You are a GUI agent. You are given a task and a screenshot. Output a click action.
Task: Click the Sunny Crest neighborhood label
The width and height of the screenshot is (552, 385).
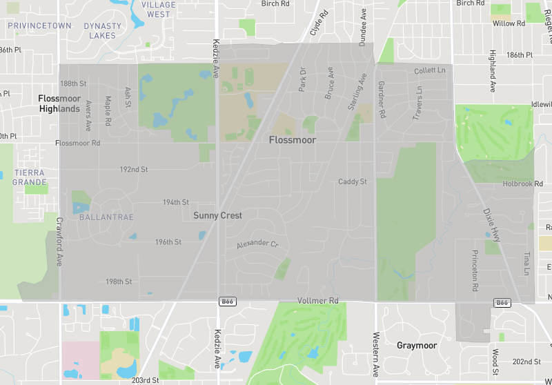[x=217, y=215]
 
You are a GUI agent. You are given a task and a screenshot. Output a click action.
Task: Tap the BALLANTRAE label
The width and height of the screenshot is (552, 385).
[x=101, y=217]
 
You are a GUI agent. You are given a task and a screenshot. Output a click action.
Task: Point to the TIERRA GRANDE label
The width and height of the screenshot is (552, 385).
[x=29, y=177]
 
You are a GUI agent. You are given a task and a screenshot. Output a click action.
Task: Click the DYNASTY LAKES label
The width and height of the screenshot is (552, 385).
[x=103, y=30]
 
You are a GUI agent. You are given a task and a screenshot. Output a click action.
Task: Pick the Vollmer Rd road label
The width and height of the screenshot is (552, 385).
[x=318, y=301]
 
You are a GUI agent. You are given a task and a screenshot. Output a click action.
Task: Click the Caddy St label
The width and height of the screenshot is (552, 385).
[x=352, y=181]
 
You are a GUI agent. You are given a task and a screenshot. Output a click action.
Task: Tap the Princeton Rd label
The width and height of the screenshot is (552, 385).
[x=475, y=269]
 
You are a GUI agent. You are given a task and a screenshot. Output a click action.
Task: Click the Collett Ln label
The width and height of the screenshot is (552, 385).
[x=430, y=70]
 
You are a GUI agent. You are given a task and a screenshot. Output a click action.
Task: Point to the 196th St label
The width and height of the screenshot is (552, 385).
[x=168, y=242]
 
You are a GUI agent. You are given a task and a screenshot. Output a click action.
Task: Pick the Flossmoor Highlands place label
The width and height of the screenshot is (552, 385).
[x=59, y=103]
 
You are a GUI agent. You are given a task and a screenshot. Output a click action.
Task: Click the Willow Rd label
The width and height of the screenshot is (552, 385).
[x=509, y=23]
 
